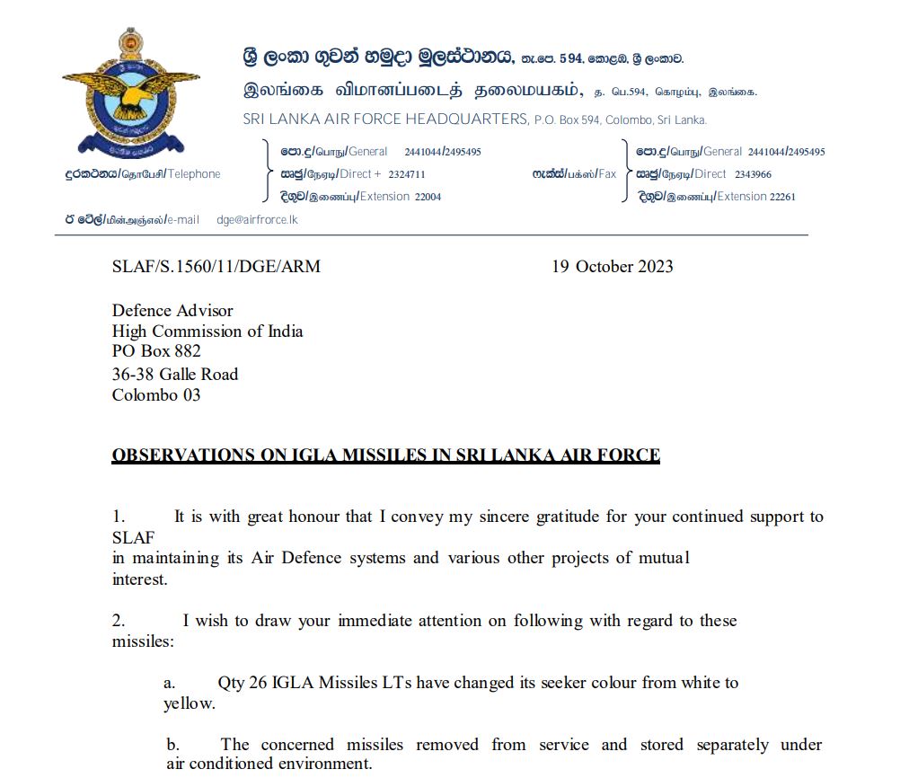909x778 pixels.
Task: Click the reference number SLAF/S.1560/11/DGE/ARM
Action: [216, 267]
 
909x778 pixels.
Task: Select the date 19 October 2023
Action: [612, 267]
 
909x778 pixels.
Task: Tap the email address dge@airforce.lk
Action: [257, 219]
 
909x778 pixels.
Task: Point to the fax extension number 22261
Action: [782, 197]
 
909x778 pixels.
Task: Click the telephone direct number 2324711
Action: [407, 174]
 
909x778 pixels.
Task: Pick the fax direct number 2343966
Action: [753, 174]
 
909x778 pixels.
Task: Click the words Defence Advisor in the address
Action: [172, 311]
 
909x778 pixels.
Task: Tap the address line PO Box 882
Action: [156, 351]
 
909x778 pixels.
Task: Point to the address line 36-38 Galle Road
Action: [175, 374]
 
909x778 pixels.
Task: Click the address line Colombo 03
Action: [156, 394]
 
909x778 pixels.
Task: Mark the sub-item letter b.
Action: [173, 745]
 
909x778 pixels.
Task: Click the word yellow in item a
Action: [189, 703]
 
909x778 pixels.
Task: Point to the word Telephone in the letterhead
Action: [194, 174]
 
